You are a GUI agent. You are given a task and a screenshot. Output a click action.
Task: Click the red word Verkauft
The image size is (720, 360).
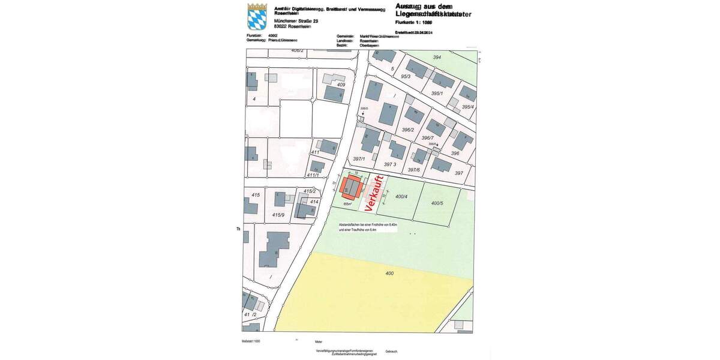[x=374, y=190]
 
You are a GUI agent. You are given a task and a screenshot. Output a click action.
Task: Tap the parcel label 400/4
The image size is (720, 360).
[x=401, y=197]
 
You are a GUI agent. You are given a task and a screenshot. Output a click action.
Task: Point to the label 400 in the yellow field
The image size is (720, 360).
[x=389, y=274]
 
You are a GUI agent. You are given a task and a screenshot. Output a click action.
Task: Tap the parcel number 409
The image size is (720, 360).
[x=341, y=85]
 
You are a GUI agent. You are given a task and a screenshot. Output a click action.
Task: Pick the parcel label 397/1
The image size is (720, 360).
[x=359, y=158]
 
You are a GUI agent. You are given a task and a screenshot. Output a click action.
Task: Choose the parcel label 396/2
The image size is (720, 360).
[x=408, y=130]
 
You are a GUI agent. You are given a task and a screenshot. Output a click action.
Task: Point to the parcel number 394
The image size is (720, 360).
[x=437, y=57]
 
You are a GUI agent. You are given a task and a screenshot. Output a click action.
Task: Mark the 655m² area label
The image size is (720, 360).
[x=347, y=204]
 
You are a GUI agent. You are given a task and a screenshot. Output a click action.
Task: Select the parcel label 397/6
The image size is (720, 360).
[x=414, y=170]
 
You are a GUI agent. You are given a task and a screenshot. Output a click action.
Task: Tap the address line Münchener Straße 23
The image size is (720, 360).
[x=296, y=21]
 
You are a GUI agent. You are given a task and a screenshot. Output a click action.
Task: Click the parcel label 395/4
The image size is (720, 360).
[x=468, y=107]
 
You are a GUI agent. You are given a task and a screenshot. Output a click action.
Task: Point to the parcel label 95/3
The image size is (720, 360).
[x=406, y=77]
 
